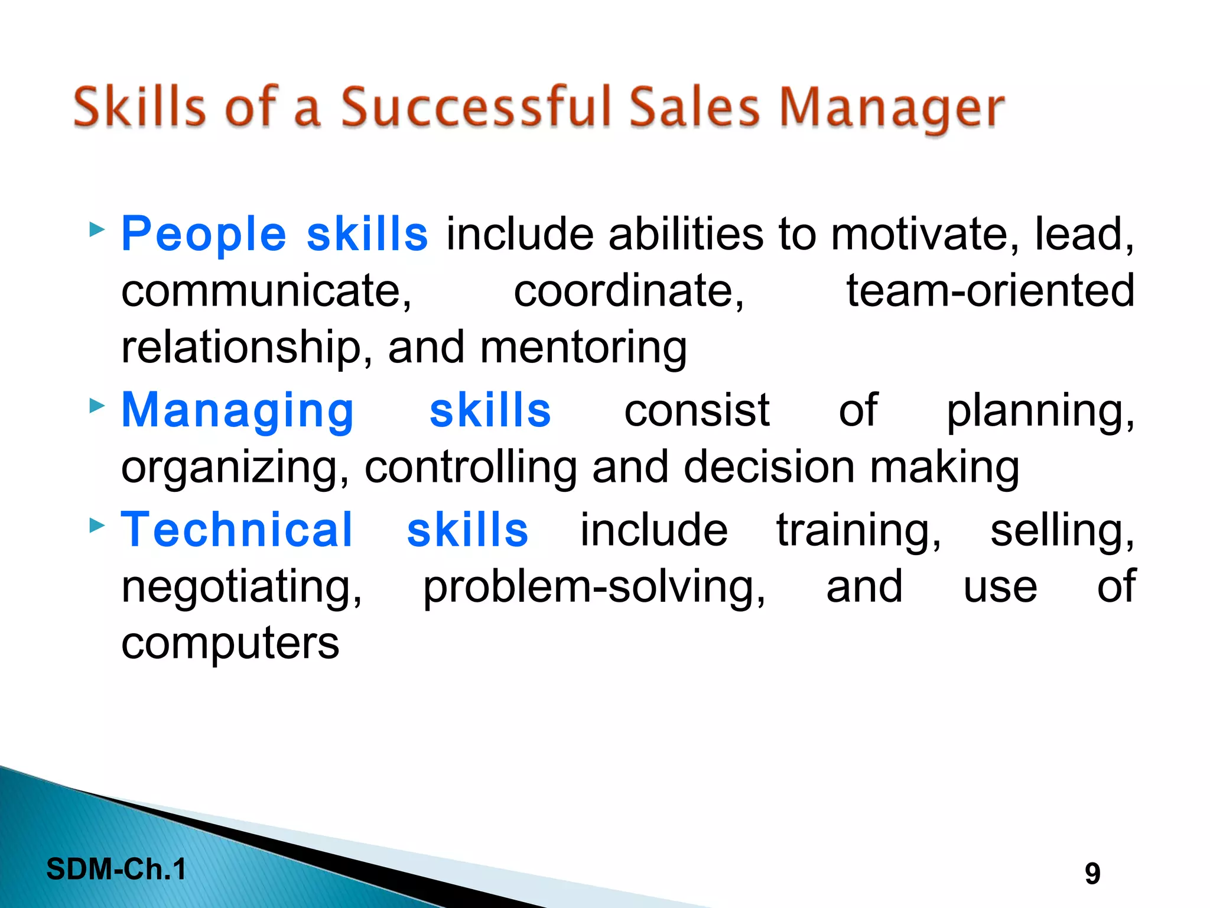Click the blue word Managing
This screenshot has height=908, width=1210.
pos(238,411)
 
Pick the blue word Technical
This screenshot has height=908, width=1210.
pos(236,530)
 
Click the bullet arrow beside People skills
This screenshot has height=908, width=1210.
pos(96,229)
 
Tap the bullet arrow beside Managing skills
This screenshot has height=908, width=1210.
pos(96,406)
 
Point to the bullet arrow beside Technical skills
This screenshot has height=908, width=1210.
pos(96,524)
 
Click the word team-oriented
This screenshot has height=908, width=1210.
pos(990,291)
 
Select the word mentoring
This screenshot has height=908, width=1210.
pos(583,348)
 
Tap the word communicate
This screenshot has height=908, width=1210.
pos(266,291)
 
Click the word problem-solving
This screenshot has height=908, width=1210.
pos(594,588)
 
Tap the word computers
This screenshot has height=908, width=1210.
pos(230,644)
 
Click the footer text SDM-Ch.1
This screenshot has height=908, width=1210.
pos(116,869)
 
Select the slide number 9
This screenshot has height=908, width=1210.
pos(1092,874)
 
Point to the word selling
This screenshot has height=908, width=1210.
pos(1062,530)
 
